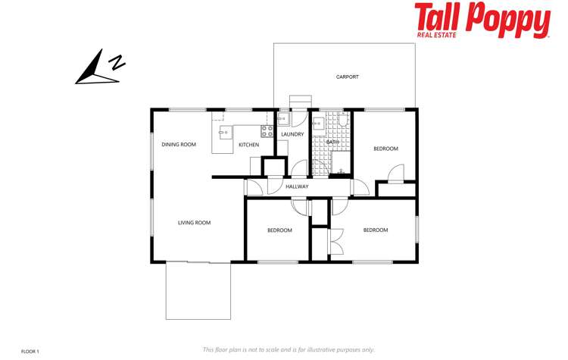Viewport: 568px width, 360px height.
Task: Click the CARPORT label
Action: pyautogui.click(x=347, y=77)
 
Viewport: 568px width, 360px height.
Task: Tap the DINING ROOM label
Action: pyautogui.click(x=179, y=144)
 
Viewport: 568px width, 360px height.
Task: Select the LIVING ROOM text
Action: pyautogui.click(x=194, y=223)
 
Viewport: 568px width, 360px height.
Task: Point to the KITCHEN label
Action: pyautogui.click(x=248, y=145)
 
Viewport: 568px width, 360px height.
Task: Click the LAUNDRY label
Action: pyautogui.click(x=292, y=135)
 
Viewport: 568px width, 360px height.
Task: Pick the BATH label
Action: pyautogui.click(x=332, y=142)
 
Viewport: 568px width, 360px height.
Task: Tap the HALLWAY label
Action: pyautogui.click(x=297, y=186)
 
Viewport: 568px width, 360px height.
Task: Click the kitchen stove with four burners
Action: pyautogui.click(x=267, y=130)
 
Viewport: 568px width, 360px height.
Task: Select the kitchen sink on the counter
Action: pyautogui.click(x=225, y=133)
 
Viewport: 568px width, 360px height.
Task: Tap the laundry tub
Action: pyautogui.click(x=283, y=117)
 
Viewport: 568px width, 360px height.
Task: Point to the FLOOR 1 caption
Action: pyautogui.click(x=30, y=351)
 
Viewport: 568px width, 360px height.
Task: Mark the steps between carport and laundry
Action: pyautogui.click(x=300, y=102)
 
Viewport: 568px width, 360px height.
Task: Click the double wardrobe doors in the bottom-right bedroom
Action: pyautogui.click(x=335, y=241)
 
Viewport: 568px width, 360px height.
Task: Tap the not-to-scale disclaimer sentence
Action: pyautogui.click(x=289, y=349)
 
